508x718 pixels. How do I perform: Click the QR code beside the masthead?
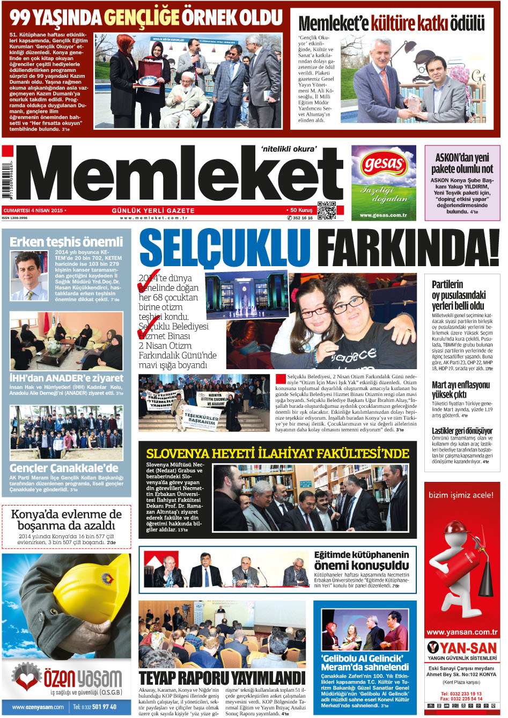point(327,210)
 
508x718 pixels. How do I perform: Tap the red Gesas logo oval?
point(384,164)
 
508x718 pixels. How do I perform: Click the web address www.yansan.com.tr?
point(462,632)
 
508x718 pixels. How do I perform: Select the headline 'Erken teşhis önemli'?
point(67,242)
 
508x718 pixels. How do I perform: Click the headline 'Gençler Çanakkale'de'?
point(64,467)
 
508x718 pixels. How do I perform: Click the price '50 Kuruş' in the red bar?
point(301,210)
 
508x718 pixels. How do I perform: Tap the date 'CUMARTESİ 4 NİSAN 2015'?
point(34,210)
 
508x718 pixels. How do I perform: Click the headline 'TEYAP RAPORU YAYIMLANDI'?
point(222,677)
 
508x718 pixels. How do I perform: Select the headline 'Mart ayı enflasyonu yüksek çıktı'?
point(461,390)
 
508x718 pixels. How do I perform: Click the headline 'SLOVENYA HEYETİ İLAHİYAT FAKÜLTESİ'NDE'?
point(277,453)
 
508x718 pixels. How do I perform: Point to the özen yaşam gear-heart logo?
point(26,678)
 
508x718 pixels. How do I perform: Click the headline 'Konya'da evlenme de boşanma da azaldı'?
point(67,519)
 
